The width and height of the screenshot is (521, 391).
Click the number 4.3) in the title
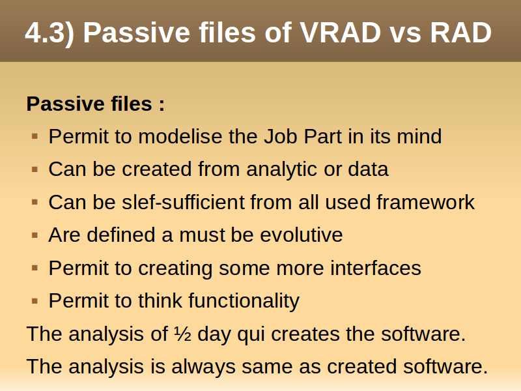click(49, 33)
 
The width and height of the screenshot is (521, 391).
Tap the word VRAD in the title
click(341, 33)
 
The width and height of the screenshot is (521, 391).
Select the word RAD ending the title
click(461, 33)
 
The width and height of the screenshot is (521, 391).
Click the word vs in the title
click(406, 35)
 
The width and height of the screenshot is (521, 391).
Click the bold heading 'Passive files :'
click(95, 104)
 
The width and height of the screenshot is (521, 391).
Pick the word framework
click(426, 202)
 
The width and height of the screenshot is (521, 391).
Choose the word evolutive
click(302, 235)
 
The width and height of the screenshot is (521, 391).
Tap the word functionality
click(244, 301)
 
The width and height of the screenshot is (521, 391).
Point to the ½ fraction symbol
click(183, 334)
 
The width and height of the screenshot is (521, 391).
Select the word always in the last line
click(203, 367)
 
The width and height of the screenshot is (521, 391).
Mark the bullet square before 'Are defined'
click(35, 235)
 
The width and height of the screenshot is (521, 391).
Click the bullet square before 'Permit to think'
click(35, 301)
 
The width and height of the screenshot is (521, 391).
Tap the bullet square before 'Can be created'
click(35, 169)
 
